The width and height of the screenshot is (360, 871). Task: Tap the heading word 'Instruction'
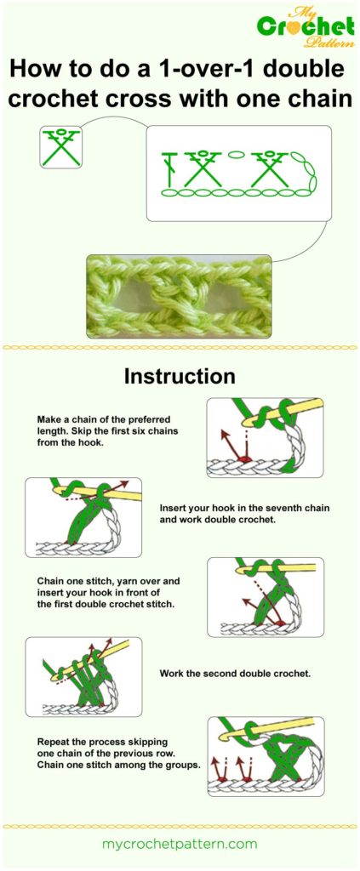tap(180, 375)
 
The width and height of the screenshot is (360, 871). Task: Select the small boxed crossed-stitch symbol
tap(62, 146)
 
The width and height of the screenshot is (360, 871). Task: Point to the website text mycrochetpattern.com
tap(179, 844)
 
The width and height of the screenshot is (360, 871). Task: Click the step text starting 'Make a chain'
tap(113, 430)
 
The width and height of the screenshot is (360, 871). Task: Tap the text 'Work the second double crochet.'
tap(235, 673)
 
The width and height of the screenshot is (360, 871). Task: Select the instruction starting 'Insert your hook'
tap(244, 513)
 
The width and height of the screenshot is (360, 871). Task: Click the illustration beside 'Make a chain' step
tap(265, 437)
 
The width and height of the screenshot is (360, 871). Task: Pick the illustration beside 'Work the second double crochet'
tap(83, 676)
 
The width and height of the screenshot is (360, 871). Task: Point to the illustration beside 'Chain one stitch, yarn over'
tap(265, 597)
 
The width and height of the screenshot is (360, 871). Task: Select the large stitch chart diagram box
tap(238, 174)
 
